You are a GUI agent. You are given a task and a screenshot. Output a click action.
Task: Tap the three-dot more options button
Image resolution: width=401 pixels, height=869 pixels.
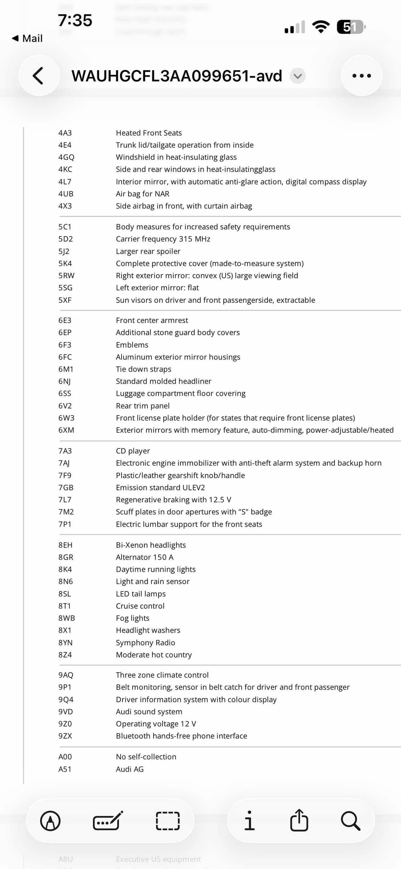(362, 75)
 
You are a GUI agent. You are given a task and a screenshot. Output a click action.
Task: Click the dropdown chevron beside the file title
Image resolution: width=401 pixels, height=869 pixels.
(298, 76)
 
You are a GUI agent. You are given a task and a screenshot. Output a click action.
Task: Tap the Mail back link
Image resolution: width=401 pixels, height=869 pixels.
(28, 39)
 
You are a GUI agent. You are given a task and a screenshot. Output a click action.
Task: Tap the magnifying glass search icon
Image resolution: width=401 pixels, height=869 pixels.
(351, 821)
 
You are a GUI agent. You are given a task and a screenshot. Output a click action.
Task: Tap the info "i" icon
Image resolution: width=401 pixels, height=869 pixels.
(249, 821)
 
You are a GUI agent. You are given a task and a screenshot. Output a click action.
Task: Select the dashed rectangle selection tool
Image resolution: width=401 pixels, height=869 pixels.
(168, 821)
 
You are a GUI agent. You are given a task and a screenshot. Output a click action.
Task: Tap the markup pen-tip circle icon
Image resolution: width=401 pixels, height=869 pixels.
(50, 821)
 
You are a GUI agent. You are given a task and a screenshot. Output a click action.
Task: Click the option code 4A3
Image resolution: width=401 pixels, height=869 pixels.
(65, 133)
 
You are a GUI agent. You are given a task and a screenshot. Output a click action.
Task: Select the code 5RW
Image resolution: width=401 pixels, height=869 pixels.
(66, 276)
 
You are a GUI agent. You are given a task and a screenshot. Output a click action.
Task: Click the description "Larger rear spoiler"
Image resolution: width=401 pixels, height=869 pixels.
(148, 251)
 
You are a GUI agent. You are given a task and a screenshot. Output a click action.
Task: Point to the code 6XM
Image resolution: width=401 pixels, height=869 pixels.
(66, 430)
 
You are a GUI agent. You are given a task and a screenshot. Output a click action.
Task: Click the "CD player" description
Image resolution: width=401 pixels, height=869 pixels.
(133, 451)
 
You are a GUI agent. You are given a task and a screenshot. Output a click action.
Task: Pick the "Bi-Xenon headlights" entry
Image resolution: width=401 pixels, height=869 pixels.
(151, 545)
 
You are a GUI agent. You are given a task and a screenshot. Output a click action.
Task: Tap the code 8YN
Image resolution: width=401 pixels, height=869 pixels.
(65, 643)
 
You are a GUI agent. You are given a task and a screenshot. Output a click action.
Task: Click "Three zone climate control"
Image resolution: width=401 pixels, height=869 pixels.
(162, 675)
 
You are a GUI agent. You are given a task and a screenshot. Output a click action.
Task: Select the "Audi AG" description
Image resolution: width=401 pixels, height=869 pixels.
(130, 769)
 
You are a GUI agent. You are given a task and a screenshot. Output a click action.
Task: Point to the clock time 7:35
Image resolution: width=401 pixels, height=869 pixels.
(75, 20)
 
